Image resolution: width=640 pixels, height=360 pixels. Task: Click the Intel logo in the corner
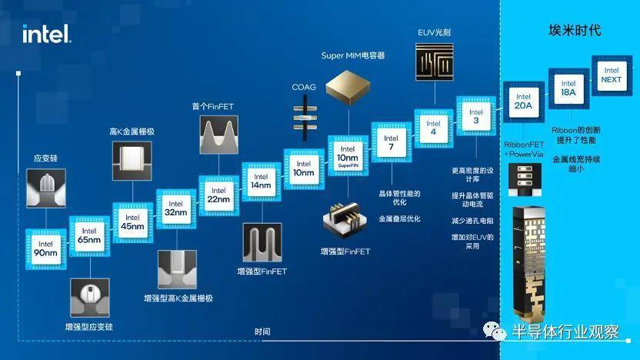[46, 34]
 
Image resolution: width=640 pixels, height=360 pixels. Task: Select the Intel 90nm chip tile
[45, 249]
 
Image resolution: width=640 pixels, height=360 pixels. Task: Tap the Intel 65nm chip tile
[89, 236]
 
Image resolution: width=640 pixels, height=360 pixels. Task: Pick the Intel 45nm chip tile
[132, 222]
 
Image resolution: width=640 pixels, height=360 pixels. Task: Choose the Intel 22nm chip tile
[218, 195]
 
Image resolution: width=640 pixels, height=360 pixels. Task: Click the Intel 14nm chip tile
[262, 182]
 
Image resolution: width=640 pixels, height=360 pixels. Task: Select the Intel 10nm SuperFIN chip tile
[348, 156]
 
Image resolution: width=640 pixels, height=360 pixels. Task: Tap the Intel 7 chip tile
[392, 142]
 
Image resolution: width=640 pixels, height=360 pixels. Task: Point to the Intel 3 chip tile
[476, 116]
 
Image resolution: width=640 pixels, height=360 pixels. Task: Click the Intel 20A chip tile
[524, 102]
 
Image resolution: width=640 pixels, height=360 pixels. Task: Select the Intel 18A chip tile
[568, 88]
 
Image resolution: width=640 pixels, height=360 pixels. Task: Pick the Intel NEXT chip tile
[612, 75]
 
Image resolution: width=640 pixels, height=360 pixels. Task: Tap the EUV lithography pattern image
[435, 62]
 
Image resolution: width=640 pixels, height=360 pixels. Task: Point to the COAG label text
[304, 87]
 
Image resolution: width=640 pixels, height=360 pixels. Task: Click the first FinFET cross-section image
[218, 135]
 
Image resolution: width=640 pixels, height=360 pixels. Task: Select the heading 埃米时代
[575, 30]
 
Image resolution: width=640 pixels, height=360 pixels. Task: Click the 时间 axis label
[262, 332]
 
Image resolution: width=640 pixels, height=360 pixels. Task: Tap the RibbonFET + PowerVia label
[524, 149]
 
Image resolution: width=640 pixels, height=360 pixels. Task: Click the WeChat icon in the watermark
[495, 331]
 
